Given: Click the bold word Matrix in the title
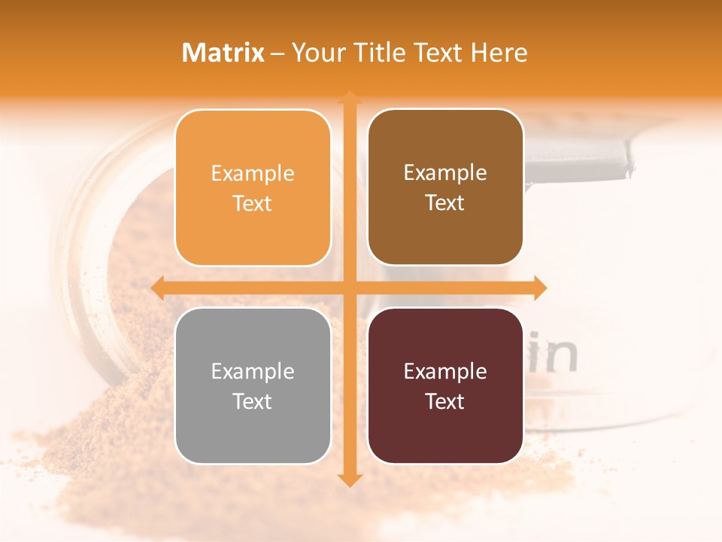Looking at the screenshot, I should tap(223, 53).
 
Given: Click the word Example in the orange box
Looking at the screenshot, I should tap(253, 174).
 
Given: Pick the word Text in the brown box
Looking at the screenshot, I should tap(445, 203).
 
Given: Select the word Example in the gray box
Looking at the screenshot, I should tap(253, 372).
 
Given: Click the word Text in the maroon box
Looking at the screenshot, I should tap(445, 401).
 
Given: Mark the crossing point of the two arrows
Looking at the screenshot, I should tap(349, 288).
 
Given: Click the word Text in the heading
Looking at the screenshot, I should tap(438, 53).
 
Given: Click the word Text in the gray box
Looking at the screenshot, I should tap(253, 401).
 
